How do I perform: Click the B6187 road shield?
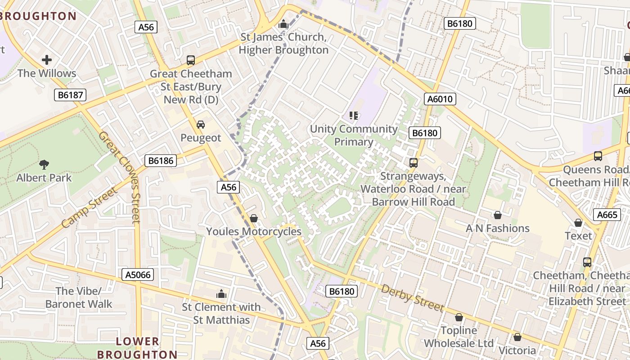(70, 95)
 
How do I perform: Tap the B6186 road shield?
(161, 161)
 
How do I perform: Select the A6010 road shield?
(440, 99)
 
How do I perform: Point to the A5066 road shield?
(138, 274)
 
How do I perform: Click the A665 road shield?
(607, 215)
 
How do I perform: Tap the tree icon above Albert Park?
(44, 165)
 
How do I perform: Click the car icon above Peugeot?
(201, 125)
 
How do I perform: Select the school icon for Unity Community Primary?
(354, 116)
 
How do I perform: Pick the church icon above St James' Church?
(283, 24)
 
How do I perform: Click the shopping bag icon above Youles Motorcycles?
(254, 219)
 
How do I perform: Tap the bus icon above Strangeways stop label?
(413, 163)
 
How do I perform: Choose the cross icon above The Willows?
(47, 60)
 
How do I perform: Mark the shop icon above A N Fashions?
(498, 216)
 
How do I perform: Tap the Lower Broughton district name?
(137, 348)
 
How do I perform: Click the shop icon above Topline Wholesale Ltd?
(459, 318)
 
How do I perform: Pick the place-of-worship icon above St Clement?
(221, 294)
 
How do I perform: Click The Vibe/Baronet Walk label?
(79, 297)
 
